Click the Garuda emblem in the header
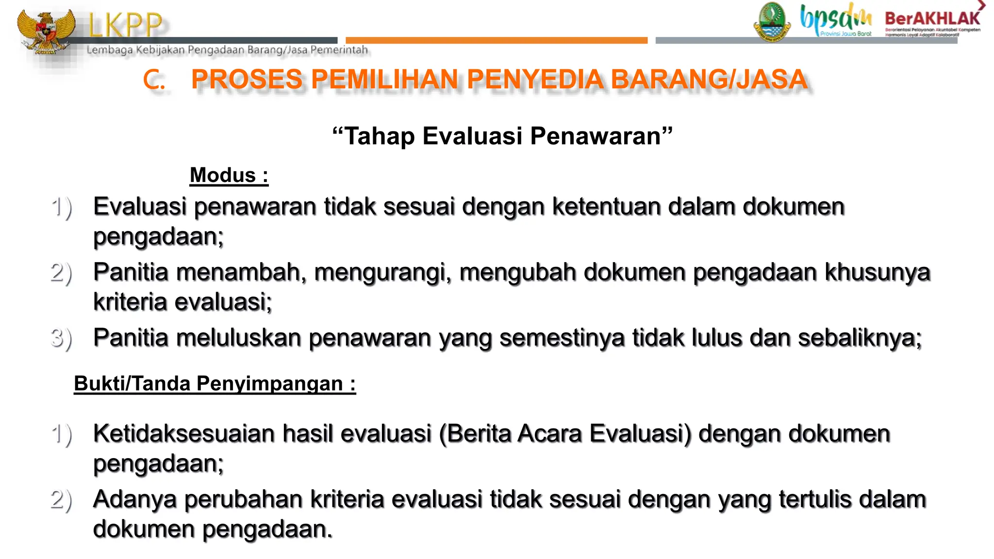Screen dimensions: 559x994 [46, 32]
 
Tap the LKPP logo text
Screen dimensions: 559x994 [125, 25]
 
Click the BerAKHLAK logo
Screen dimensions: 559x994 [932, 19]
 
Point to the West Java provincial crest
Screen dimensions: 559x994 [772, 22]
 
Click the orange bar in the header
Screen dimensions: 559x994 [496, 40]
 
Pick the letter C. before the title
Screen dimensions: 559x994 [154, 80]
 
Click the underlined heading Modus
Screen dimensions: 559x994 [229, 175]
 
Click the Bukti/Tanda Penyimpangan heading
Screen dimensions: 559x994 [215, 384]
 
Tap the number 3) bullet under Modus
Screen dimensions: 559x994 [61, 338]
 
